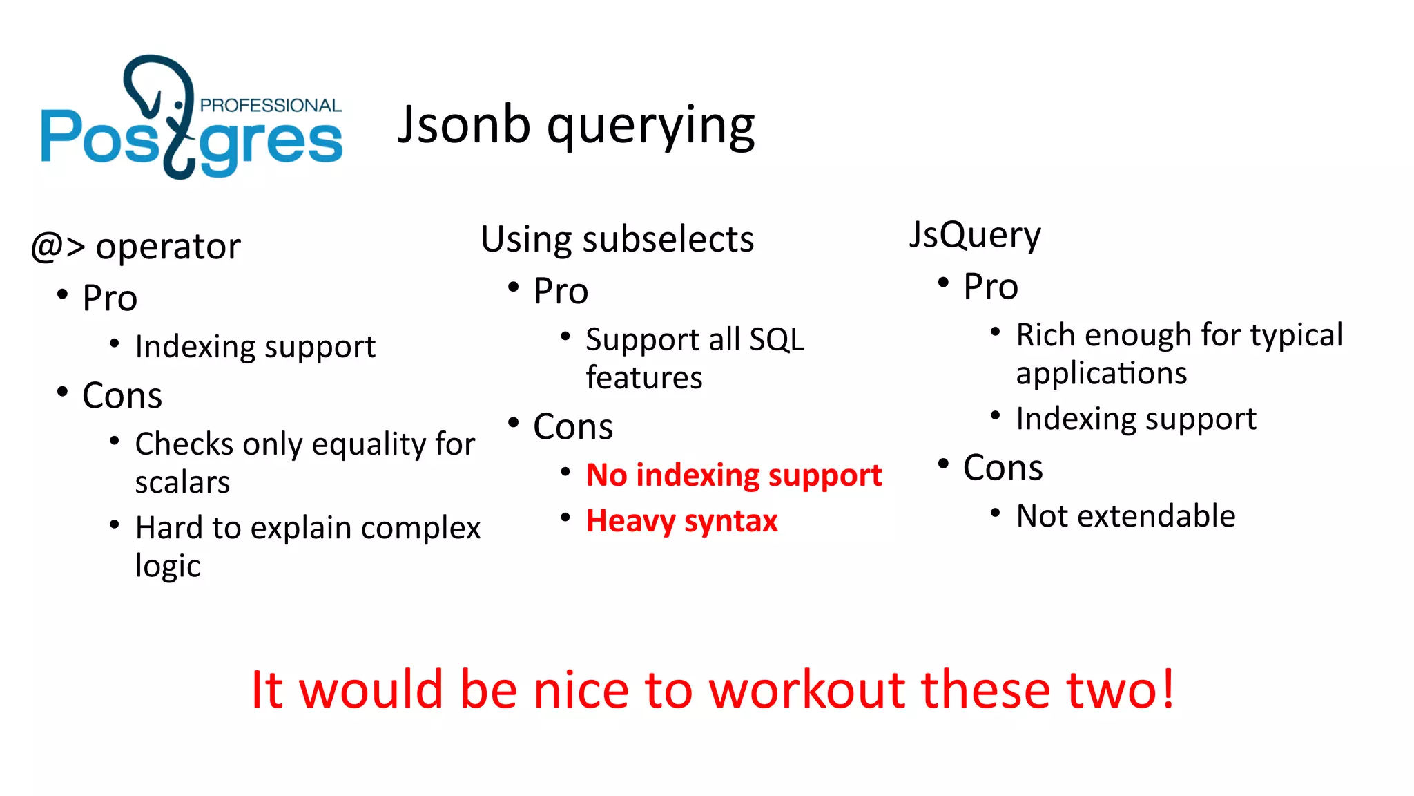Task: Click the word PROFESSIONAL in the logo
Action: [x=271, y=105]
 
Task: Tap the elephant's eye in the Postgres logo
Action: [x=179, y=105]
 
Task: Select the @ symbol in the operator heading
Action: [x=48, y=247]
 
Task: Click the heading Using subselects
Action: [x=617, y=240]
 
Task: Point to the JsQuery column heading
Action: [x=974, y=236]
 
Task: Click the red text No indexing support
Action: [x=733, y=475]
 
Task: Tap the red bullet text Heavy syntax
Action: [x=681, y=521]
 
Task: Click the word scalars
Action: [x=182, y=482]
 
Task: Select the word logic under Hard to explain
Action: [x=168, y=566]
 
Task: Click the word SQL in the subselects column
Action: [x=776, y=339]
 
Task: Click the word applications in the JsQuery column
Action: [x=1101, y=374]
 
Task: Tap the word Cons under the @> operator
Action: [x=122, y=396]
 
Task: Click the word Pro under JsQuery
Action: [x=990, y=287]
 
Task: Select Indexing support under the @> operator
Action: [x=255, y=347]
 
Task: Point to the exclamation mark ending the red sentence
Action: [x=1167, y=689]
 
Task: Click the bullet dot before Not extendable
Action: [x=995, y=513]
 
